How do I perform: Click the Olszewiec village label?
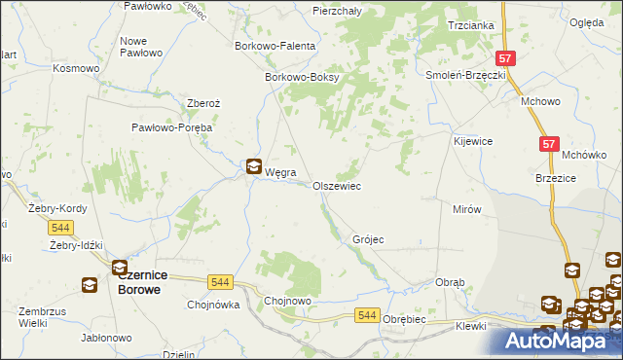[x=337, y=185]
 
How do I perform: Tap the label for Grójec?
[x=368, y=238]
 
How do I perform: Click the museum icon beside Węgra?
[x=253, y=166]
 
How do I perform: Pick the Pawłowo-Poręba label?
[x=172, y=126]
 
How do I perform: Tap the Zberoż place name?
[x=205, y=102]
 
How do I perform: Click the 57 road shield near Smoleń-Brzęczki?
[x=504, y=58]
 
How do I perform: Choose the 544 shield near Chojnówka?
[x=221, y=282]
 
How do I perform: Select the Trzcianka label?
[x=470, y=25]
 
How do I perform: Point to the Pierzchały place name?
[x=337, y=10]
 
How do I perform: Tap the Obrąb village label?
[x=450, y=282]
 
